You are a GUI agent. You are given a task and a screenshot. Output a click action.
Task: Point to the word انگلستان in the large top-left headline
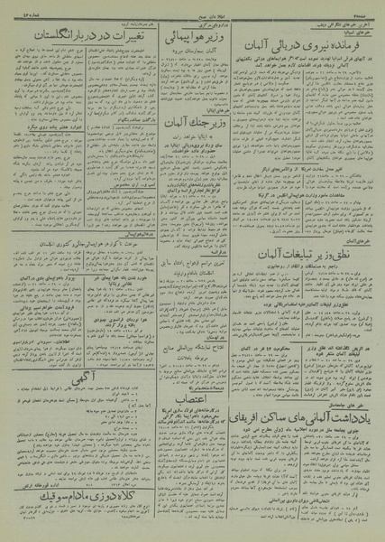pyautogui.click(x=41, y=34)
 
